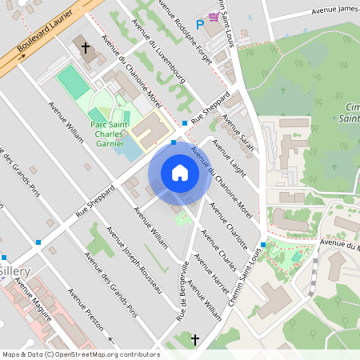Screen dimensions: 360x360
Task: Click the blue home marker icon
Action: [x=180, y=173]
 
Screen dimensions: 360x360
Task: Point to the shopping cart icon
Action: [x=214, y=16]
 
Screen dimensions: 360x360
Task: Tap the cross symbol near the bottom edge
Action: [x=194, y=341]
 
